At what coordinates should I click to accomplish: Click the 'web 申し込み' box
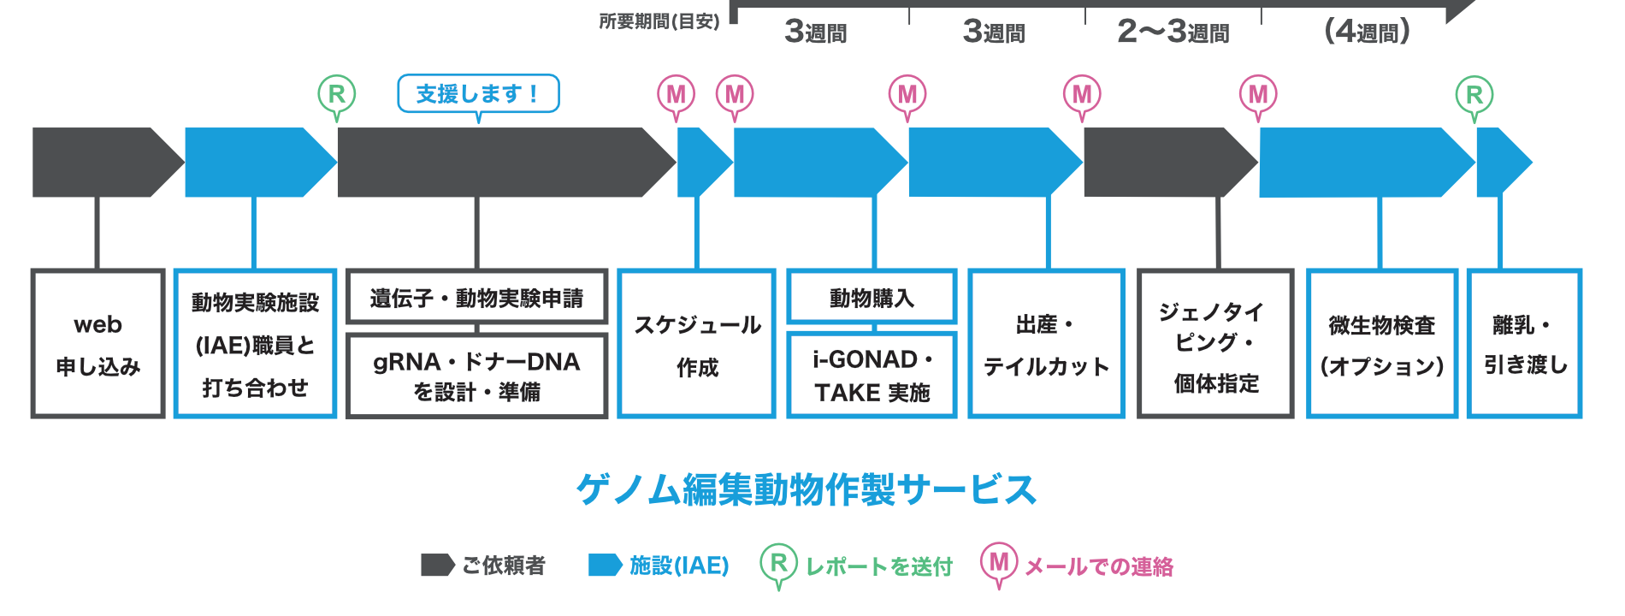[x=97, y=344]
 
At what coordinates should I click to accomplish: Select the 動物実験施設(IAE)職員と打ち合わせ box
[x=255, y=344]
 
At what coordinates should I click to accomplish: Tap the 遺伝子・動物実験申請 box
[x=476, y=298]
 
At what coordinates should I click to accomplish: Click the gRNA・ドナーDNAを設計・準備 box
[x=476, y=376]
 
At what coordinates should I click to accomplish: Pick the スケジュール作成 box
[x=696, y=344]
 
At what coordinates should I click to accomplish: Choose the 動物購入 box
[x=872, y=298]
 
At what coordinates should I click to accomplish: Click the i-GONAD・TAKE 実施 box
[x=872, y=376]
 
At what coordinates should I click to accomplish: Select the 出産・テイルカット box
[x=1046, y=344]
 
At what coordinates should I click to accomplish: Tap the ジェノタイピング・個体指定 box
[x=1215, y=344]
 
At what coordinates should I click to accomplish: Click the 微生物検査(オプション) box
[x=1381, y=344]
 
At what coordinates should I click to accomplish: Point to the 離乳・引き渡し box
[x=1525, y=344]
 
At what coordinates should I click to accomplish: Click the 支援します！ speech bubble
[x=478, y=93]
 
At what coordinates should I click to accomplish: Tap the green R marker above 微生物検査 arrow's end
[x=1474, y=95]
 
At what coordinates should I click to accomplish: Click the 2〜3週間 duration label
[x=1173, y=33]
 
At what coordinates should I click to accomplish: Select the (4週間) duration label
[x=1367, y=33]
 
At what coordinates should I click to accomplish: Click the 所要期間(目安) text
[x=659, y=21]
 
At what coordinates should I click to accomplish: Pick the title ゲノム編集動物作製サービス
[x=807, y=489]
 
